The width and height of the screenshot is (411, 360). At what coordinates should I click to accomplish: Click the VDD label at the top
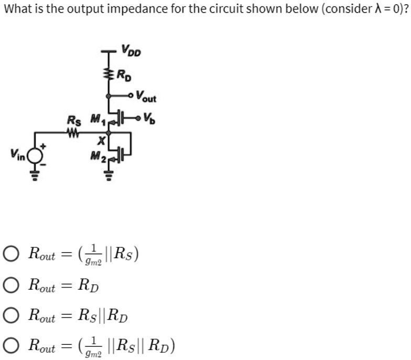click(x=131, y=51)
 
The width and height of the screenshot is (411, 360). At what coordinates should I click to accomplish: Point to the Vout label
click(x=146, y=96)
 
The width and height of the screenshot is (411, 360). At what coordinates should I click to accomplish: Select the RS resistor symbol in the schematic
click(x=74, y=132)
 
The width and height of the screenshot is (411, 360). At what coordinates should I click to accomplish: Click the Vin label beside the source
click(x=17, y=155)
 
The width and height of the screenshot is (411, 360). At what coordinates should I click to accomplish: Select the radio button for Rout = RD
click(x=11, y=286)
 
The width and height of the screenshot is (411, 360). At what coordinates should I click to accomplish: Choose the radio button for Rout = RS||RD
click(x=11, y=316)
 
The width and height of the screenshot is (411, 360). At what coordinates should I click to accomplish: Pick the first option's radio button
click(x=11, y=256)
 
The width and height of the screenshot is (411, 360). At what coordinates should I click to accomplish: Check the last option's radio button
click(x=11, y=346)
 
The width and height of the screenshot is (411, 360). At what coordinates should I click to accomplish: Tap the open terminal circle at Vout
click(x=130, y=96)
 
